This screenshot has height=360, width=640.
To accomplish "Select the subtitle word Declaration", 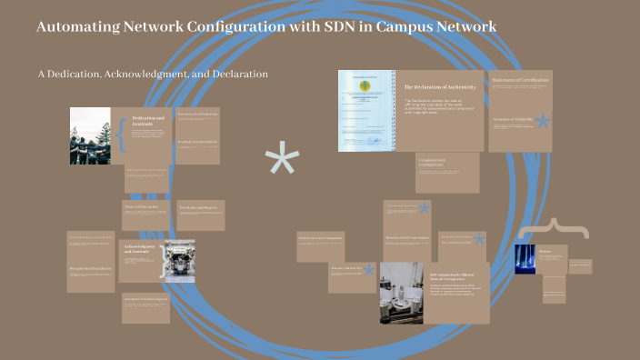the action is [237, 74].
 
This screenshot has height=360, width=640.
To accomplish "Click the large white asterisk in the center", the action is [282, 163].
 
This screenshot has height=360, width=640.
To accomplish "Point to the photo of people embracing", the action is [90, 135].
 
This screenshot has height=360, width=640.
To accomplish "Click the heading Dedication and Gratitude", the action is [148, 122].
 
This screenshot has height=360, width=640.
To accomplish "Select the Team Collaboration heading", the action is [141, 206].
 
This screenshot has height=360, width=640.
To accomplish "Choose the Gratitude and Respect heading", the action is [197, 206].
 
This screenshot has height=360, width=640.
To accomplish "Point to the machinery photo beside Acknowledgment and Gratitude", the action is [178, 260].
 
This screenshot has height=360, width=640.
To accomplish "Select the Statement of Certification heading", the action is [520, 81].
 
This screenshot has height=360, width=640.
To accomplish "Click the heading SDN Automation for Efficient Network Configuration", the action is [455, 275].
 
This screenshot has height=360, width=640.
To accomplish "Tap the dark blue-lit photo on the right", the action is [525, 259].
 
